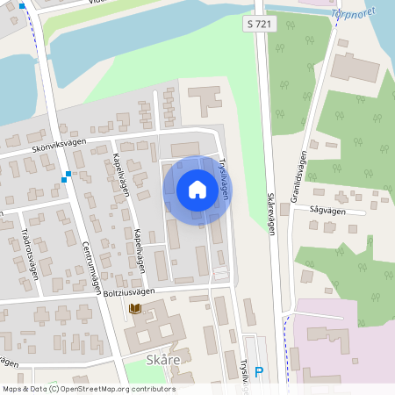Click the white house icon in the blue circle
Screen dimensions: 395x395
[x=197, y=189]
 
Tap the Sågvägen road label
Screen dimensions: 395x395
[x=327, y=212]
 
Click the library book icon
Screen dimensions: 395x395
[x=135, y=308]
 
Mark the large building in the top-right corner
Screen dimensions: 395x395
[x=355, y=68]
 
